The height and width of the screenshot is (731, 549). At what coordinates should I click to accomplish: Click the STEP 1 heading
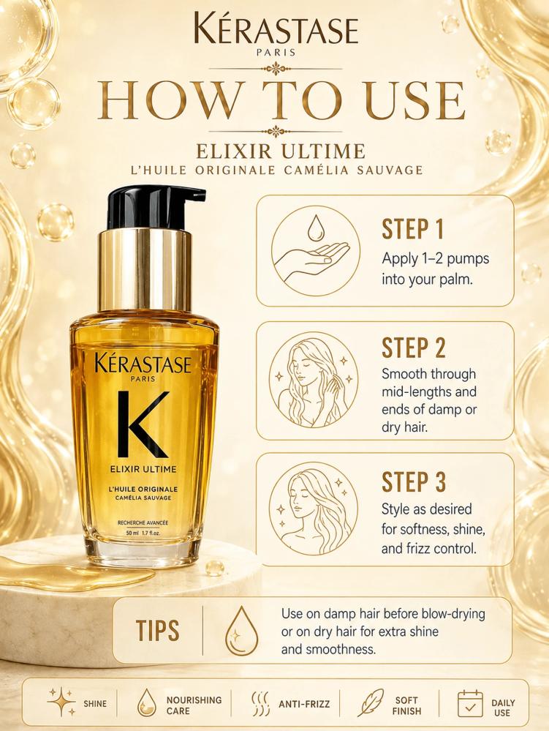pyautogui.click(x=412, y=229)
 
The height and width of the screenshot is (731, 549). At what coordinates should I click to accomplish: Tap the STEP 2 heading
pyautogui.click(x=414, y=348)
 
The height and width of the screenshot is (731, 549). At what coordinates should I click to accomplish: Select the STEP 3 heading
pyautogui.click(x=414, y=482)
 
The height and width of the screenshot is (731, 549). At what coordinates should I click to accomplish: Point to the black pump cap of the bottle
pyautogui.click(x=154, y=208)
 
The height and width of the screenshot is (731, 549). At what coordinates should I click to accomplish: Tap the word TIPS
pyautogui.click(x=157, y=630)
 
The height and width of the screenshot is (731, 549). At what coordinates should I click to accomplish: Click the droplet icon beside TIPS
pyautogui.click(x=241, y=631)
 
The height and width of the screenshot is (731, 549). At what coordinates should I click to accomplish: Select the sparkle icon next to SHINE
pyautogui.click(x=62, y=702)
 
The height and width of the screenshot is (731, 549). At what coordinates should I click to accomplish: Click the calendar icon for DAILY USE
pyautogui.click(x=470, y=703)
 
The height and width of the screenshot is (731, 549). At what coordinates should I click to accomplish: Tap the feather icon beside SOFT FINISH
pyautogui.click(x=371, y=702)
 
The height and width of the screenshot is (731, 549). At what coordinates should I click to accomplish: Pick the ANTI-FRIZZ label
pyautogui.click(x=304, y=704)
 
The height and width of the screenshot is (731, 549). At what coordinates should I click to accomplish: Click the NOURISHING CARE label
pyautogui.click(x=194, y=705)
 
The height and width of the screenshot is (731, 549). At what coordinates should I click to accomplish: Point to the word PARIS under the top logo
pyautogui.click(x=276, y=53)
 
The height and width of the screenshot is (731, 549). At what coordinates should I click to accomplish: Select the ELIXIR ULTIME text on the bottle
pyautogui.click(x=143, y=468)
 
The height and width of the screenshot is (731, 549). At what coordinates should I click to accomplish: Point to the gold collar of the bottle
pyautogui.click(x=144, y=271)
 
